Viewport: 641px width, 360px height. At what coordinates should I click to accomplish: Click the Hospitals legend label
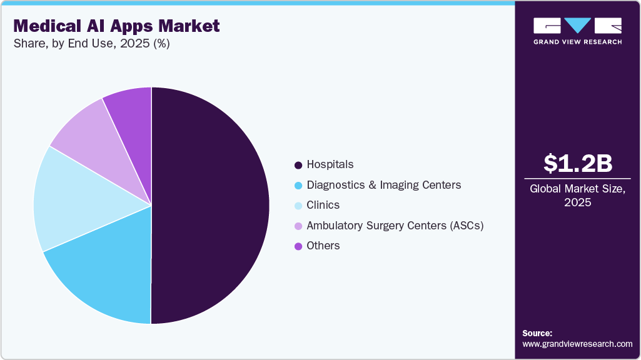[x=330, y=164]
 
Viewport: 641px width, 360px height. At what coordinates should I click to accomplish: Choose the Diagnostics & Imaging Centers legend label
[x=383, y=185]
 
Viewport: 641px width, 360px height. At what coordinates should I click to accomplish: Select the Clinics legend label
[x=323, y=205]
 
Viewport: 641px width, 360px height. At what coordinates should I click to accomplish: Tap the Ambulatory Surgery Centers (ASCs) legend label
[x=395, y=226]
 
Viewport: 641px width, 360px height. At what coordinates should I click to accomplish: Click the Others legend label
[x=323, y=246]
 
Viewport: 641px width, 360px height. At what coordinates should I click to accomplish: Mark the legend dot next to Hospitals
[x=298, y=165]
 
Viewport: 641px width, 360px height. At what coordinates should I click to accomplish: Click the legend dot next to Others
[x=298, y=246]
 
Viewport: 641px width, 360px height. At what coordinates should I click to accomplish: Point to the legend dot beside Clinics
[x=298, y=206]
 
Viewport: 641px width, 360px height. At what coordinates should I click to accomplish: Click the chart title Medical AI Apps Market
[x=116, y=26]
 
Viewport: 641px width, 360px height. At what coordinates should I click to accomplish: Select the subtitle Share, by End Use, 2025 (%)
[x=91, y=44]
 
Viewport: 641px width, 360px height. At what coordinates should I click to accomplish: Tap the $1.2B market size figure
[x=577, y=163]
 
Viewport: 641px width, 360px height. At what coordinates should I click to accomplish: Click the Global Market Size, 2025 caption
[x=577, y=195]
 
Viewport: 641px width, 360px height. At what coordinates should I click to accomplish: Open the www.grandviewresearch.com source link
[x=577, y=344]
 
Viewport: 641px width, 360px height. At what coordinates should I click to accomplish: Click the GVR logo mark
[x=577, y=26]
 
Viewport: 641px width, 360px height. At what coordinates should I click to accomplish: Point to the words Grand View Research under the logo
[x=577, y=42]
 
